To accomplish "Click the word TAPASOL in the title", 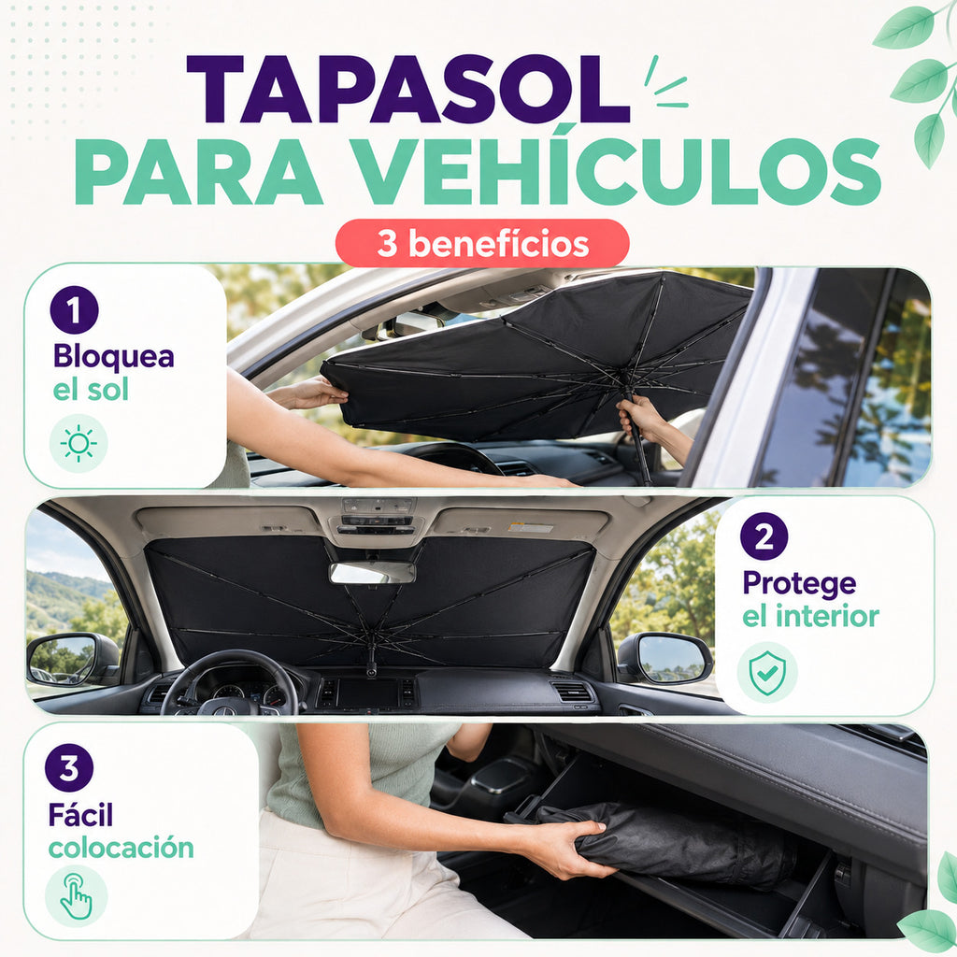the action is pyautogui.click(x=407, y=90).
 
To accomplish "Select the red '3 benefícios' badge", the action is pyautogui.click(x=482, y=243).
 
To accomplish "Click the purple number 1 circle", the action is pyautogui.click(x=75, y=310).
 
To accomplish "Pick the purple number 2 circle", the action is pyautogui.click(x=764, y=536).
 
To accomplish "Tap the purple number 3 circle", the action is pyautogui.click(x=69, y=768).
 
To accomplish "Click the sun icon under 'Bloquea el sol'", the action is pyautogui.click(x=79, y=444).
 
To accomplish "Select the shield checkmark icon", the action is pyautogui.click(x=767, y=673).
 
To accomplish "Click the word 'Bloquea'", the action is pyautogui.click(x=113, y=356).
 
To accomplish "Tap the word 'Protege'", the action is pyautogui.click(x=800, y=584).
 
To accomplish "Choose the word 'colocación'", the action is pyautogui.click(x=121, y=848).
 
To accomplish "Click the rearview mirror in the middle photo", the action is pyautogui.click(x=372, y=573).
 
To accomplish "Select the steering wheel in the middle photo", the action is pyautogui.click(x=230, y=683).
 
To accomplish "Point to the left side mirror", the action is pyautogui.click(x=72, y=660).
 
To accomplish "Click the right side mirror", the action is pyautogui.click(x=664, y=659).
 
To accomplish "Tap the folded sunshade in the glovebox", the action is pyautogui.click(x=665, y=843).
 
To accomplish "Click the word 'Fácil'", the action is pyautogui.click(x=80, y=814).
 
